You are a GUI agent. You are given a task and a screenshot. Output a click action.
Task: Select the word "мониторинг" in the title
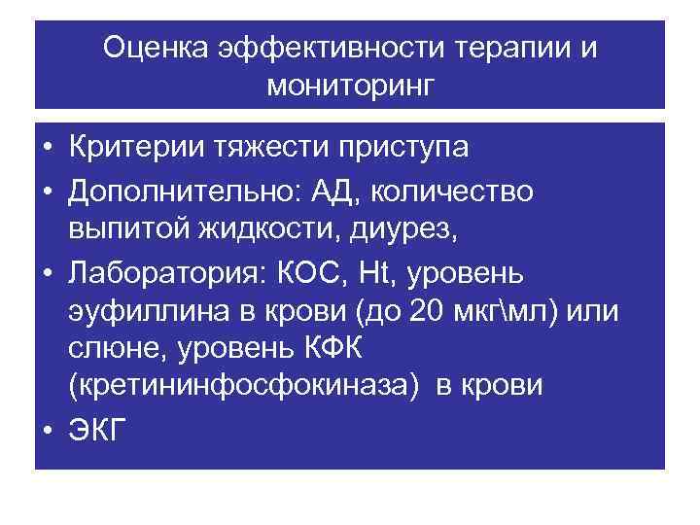click(350, 87)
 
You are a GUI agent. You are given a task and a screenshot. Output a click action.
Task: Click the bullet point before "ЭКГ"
click(48, 430)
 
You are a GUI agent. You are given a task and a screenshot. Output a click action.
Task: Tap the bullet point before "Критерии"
click(48, 148)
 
